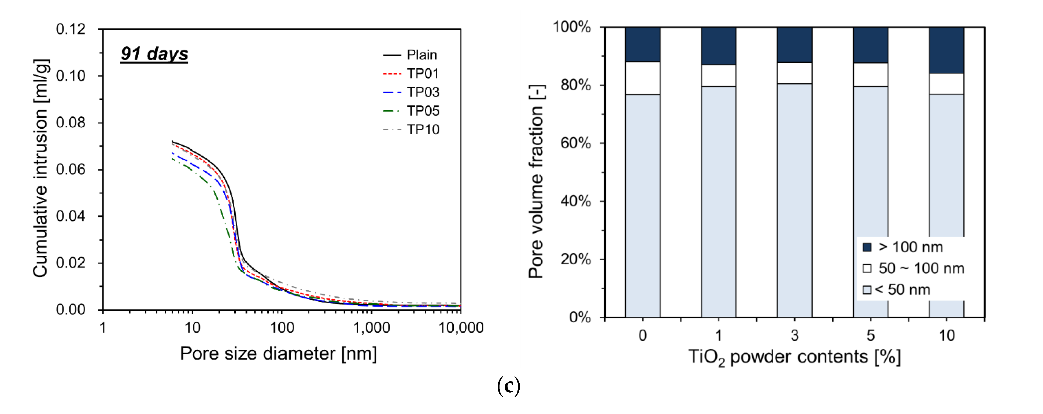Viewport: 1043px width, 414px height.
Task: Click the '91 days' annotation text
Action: pos(154,54)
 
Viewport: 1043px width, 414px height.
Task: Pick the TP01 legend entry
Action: pos(422,73)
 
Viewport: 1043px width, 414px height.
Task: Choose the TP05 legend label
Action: pos(423,110)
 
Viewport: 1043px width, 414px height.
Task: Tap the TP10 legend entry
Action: pos(423,129)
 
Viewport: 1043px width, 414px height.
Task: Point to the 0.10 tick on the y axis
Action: pos(71,76)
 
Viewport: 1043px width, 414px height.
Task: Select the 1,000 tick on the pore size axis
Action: pos(371,327)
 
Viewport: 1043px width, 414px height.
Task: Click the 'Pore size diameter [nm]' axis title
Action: pos(278,354)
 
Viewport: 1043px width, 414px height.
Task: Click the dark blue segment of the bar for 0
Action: pos(643,44)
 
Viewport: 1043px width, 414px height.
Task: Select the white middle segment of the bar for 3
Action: pos(794,73)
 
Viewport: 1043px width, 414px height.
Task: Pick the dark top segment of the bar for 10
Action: pos(946,50)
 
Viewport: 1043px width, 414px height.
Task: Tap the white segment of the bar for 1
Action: pos(718,75)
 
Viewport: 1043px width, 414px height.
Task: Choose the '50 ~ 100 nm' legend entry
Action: pos(921,268)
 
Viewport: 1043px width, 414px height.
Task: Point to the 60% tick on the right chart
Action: pos(575,143)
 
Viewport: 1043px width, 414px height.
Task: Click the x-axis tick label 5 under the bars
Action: pos(871,335)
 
